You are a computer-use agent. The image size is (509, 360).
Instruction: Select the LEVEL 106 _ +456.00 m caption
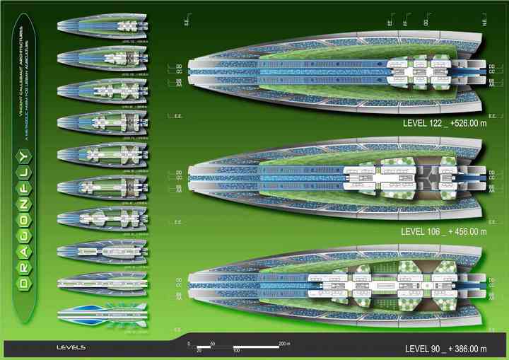[x=443, y=231]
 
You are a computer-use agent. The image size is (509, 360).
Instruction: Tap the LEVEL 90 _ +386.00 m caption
[x=445, y=349]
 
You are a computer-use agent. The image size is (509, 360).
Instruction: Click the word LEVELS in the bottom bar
[x=71, y=347]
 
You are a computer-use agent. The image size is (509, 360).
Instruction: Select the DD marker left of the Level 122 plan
[x=179, y=66]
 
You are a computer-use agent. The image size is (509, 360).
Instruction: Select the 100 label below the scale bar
[x=236, y=350]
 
